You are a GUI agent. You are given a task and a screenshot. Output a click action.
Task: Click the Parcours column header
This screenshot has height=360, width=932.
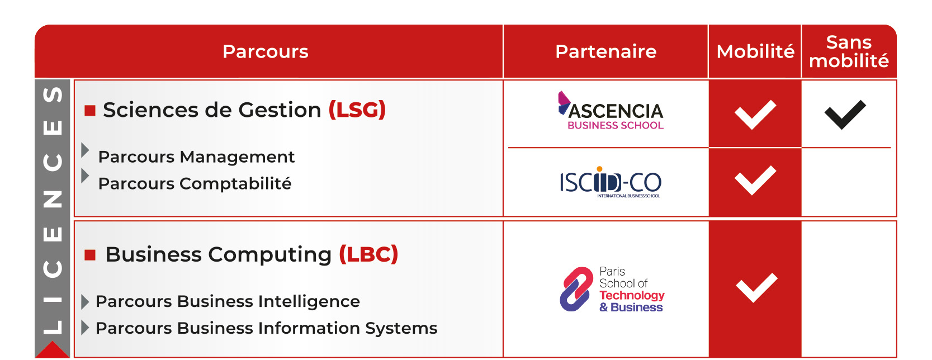pos(266,51)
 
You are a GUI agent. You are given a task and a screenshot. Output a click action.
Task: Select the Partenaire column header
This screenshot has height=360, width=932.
pos(606,51)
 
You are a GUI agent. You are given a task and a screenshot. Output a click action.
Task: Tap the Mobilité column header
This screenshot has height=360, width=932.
pos(755,51)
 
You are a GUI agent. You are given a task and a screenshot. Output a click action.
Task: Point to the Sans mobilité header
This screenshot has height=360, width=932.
pos(849,51)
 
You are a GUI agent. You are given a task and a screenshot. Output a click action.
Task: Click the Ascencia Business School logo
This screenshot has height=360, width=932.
pos(611,110)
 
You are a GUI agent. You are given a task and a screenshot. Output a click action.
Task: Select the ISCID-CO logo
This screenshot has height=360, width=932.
pos(611,182)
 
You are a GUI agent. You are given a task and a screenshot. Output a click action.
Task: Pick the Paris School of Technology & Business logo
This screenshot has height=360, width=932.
pos(612,289)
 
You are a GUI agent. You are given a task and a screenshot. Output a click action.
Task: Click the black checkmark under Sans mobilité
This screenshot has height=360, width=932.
pos(845,115)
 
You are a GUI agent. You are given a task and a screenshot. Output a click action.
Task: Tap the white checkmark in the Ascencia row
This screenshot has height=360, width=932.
pos(755,115)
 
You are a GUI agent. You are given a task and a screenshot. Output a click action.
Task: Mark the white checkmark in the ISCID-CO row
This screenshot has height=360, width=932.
pos(755,180)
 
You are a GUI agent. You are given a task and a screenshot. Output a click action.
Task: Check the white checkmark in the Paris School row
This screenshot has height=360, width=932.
pos(756,287)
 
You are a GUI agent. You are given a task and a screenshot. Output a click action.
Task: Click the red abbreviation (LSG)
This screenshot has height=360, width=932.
pos(357,110)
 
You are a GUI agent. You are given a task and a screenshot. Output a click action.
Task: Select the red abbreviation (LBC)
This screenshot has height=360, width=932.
pos(368,254)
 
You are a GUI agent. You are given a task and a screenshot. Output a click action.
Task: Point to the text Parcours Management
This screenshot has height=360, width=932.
pos(196,157)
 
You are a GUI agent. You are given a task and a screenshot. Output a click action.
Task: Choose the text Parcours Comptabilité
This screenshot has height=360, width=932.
pos(195,183)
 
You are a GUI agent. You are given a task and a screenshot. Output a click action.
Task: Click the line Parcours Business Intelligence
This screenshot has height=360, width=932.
pos(228,301)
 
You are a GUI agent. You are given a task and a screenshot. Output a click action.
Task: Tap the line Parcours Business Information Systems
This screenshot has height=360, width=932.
pos(266,328)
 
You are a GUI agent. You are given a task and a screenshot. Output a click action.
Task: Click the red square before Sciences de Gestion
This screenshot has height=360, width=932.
pos(90,111)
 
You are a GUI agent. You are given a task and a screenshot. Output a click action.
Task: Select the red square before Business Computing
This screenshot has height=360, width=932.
pos(90,255)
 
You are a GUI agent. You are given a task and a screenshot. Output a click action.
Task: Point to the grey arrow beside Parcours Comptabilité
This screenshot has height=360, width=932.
pos(85,176)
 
